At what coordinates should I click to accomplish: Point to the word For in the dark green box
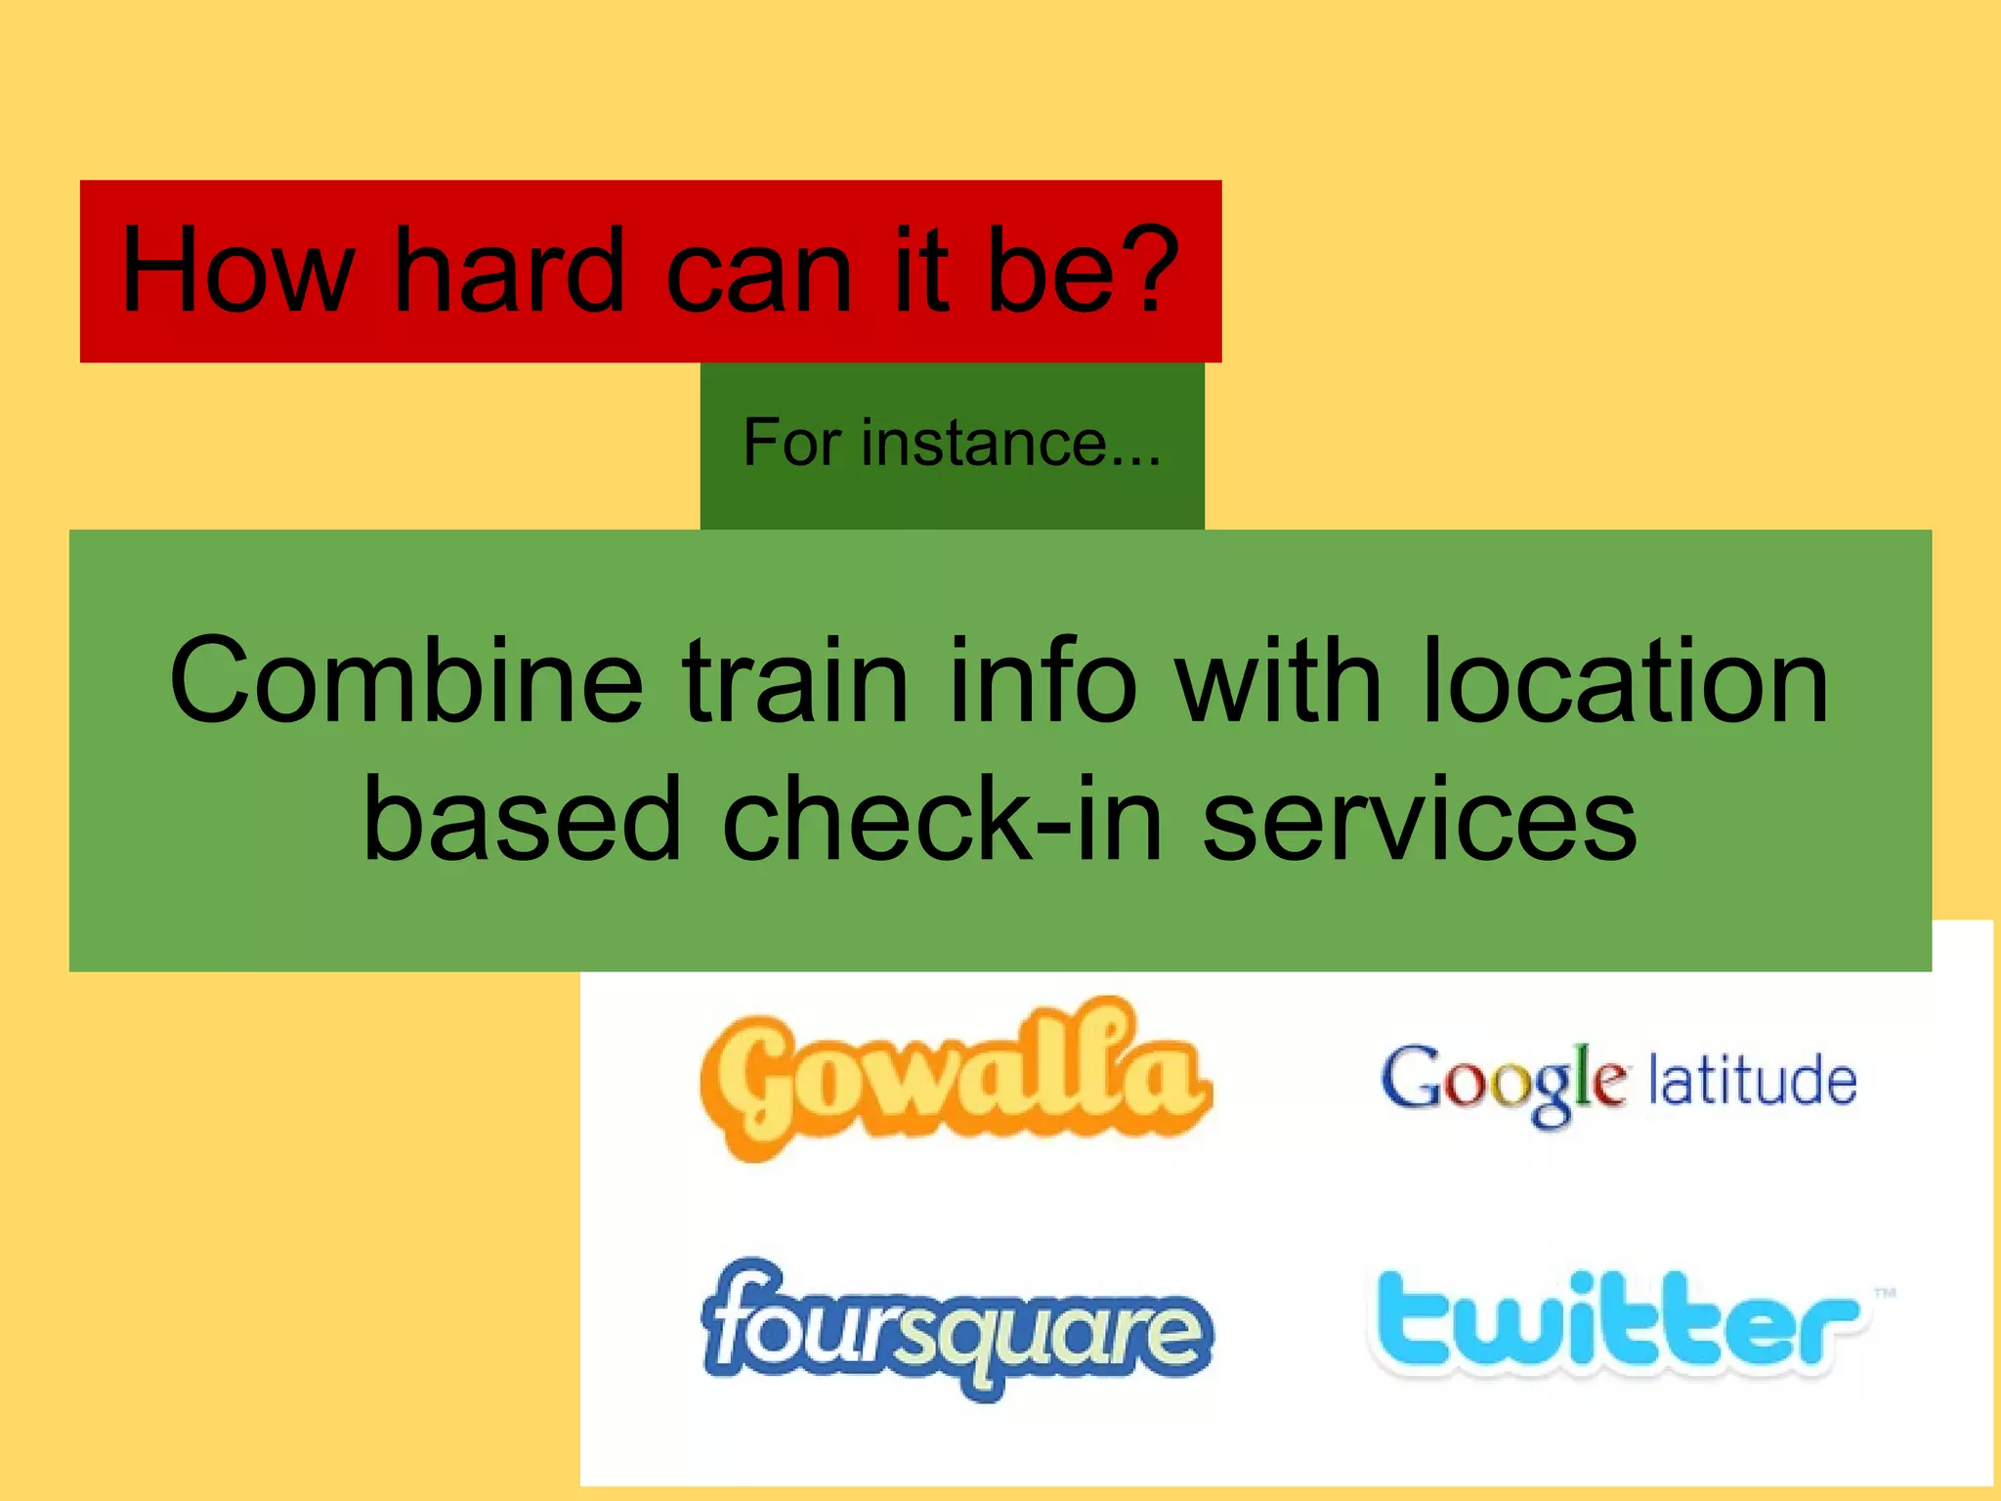(x=791, y=443)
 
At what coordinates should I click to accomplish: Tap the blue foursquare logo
(x=956, y=1329)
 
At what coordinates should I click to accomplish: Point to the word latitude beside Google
(x=1753, y=1081)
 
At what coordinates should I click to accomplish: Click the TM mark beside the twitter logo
(x=1885, y=1293)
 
